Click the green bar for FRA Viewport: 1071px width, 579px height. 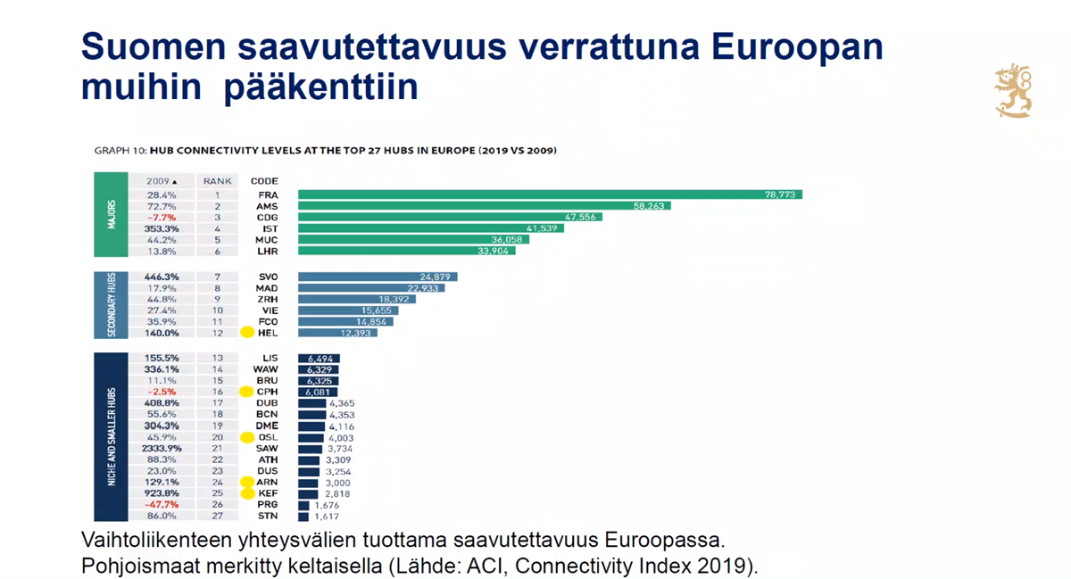[x=550, y=194]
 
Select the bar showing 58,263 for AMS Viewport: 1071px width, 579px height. [x=484, y=206]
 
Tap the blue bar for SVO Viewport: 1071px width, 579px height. [x=378, y=277]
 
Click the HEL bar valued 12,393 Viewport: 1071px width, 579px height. [x=337, y=333]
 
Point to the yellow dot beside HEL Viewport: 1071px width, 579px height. [x=248, y=333]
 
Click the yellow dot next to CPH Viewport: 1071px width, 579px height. [x=248, y=392]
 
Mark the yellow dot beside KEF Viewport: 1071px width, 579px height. [x=248, y=493]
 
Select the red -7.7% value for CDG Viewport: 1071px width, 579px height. [x=162, y=217]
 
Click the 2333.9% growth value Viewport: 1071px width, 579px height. [x=162, y=449]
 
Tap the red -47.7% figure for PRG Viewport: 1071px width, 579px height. [x=161, y=504]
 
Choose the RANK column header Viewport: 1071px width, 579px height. [x=217, y=181]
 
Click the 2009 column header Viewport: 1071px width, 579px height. [x=162, y=181]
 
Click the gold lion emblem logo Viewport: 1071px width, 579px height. [x=1014, y=90]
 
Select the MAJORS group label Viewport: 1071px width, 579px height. [x=111, y=215]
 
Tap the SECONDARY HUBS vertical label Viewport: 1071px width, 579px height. [x=112, y=305]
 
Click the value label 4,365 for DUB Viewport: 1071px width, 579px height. [x=342, y=403]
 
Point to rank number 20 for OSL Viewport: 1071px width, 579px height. [x=217, y=437]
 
